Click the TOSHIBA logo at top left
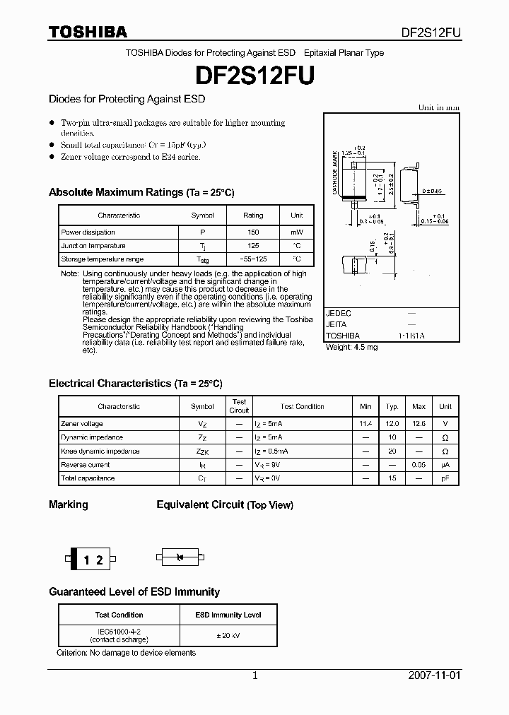(x=88, y=32)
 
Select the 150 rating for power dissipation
(x=253, y=232)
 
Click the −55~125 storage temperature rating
(x=253, y=259)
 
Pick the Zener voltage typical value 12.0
(x=392, y=424)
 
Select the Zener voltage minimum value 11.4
(x=365, y=424)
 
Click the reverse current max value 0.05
(x=419, y=465)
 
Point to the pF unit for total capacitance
(x=445, y=478)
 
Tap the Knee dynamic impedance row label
(x=100, y=451)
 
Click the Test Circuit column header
(x=239, y=406)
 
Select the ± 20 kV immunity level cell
(x=228, y=635)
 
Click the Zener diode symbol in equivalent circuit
(x=180, y=557)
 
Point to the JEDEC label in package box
(x=338, y=312)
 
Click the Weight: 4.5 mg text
(x=351, y=348)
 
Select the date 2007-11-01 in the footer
(x=433, y=675)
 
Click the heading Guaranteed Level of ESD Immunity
(x=134, y=591)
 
